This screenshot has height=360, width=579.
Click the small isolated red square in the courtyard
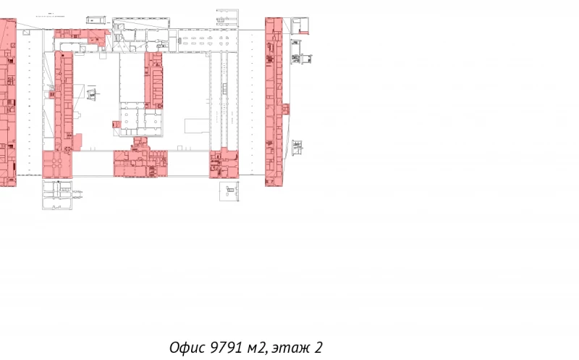coord(117,125)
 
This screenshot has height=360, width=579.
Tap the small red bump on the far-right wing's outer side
coord(286,109)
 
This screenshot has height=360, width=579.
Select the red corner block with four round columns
coord(57,164)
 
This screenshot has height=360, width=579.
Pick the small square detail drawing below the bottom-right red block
coord(229,191)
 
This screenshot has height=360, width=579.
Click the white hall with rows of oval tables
coord(208,40)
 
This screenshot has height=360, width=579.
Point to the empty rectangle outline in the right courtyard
coord(197,125)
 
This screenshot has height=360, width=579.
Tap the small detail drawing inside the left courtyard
coord(92,93)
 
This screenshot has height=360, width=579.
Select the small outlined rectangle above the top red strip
coord(96,20)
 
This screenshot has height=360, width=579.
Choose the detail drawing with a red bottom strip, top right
coord(300,26)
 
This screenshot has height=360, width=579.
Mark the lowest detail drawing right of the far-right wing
coord(297,148)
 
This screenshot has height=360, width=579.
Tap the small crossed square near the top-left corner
coord(26,33)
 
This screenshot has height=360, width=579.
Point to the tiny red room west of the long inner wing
coord(52,95)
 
